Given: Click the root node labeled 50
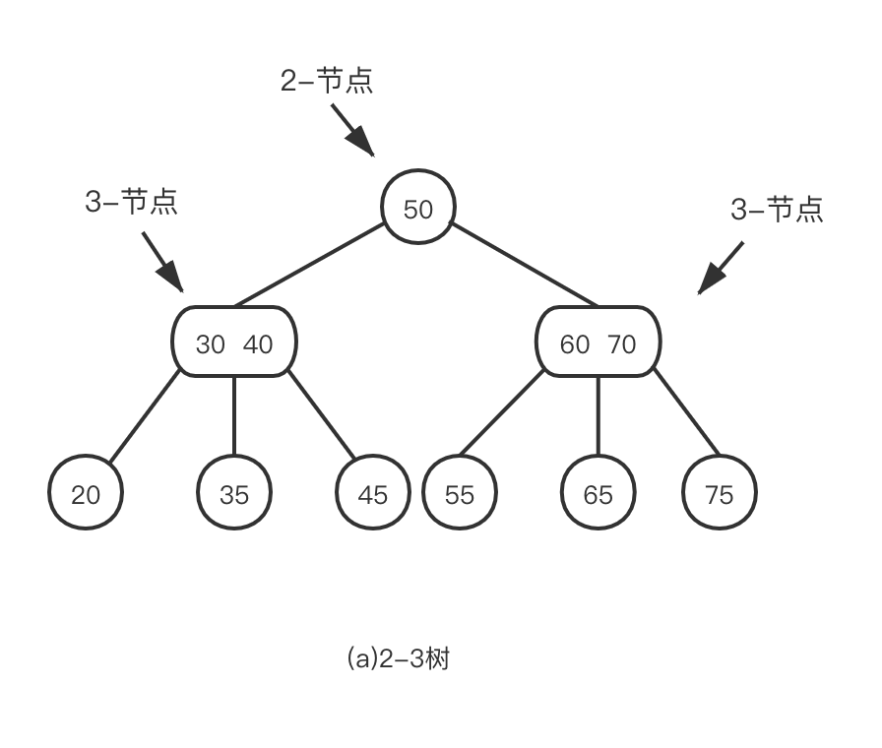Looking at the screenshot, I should click(417, 209).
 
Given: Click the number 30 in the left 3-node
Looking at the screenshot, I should click(211, 344).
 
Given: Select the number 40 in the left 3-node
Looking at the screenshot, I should click(258, 344).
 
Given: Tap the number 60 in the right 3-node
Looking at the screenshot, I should click(575, 344).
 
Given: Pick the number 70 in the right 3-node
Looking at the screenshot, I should click(622, 344).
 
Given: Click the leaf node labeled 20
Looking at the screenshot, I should click(86, 494).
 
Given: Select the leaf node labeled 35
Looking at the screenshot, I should click(234, 494).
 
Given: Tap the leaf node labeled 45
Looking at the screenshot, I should click(372, 494).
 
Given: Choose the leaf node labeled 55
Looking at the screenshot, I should click(460, 494).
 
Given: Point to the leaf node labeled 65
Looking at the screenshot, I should click(598, 494).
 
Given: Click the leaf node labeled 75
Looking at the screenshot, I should click(720, 494).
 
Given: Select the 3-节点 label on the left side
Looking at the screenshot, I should click(132, 203).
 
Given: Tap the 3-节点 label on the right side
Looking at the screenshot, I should click(777, 209).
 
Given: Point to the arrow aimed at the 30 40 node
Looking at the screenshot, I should click(163, 262).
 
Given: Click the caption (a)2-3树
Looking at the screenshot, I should click(398, 658).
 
